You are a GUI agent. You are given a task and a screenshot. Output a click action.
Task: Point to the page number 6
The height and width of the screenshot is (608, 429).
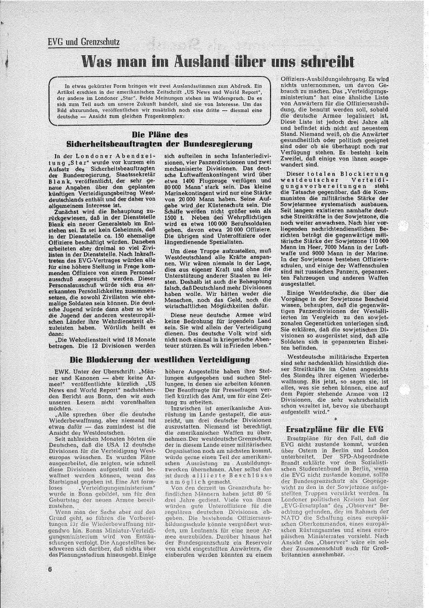51,583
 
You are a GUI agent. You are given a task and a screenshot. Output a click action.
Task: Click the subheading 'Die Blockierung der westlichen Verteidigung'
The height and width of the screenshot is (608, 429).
160,360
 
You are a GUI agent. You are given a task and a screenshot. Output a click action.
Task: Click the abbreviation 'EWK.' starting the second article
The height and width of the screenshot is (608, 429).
62,371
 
